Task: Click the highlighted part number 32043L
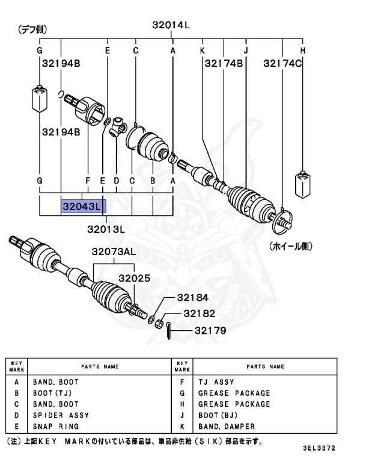point(83,206)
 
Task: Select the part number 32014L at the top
point(171,25)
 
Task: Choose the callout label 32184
point(192,298)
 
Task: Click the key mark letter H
point(303,51)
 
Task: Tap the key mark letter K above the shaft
point(203,51)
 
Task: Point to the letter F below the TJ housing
point(88,180)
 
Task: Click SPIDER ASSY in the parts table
point(61,415)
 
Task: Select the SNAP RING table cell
point(56,427)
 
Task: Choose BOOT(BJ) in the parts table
point(218,415)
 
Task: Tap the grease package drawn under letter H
point(302,185)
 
